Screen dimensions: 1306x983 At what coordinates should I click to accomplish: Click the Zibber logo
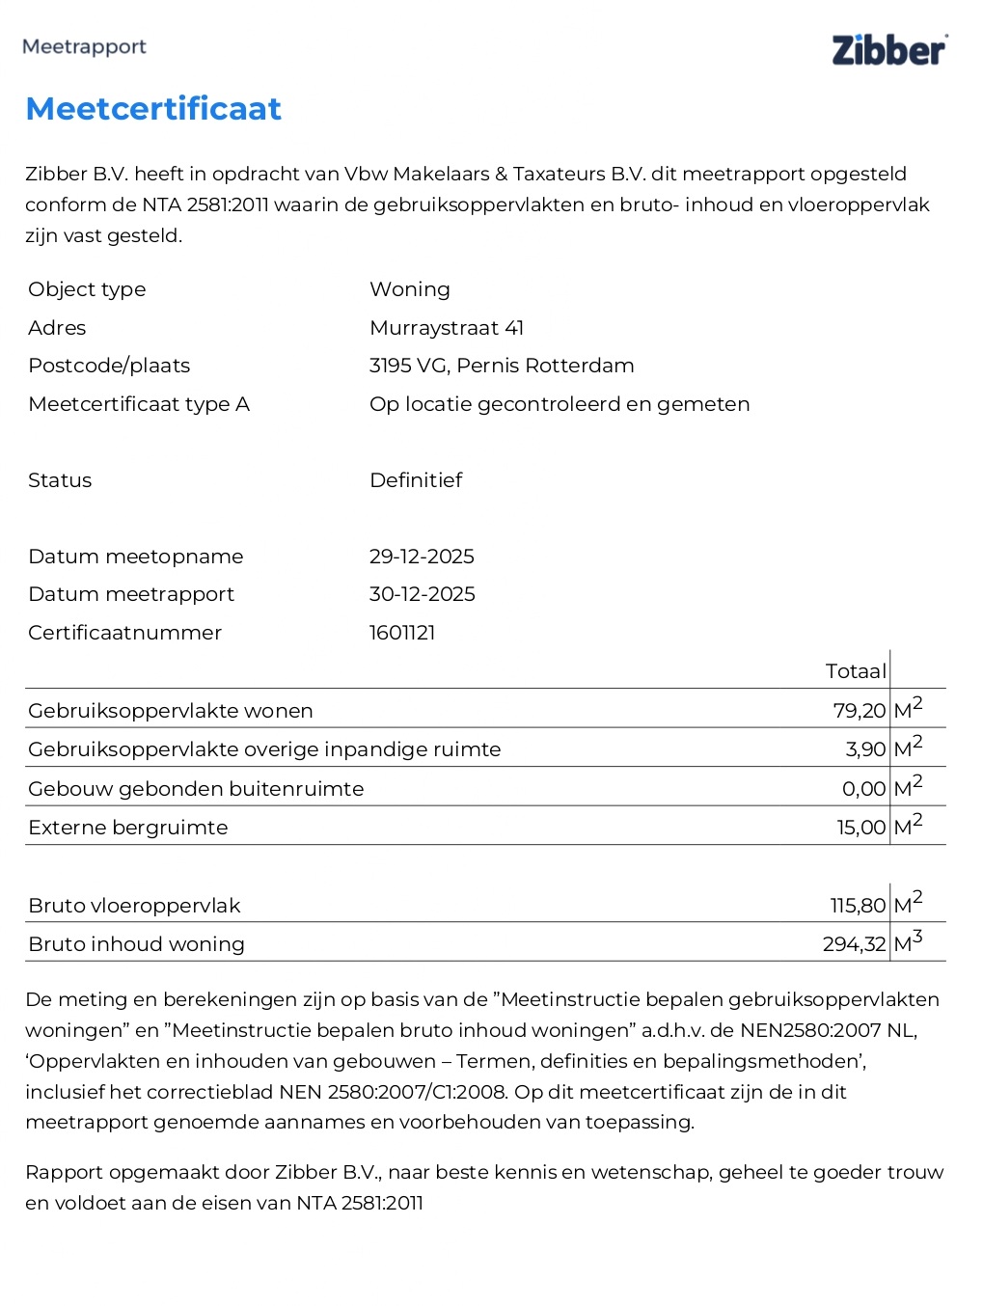point(888,50)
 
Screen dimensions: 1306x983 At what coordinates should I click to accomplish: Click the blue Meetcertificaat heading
point(153,109)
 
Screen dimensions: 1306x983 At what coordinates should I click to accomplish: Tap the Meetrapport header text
point(84,46)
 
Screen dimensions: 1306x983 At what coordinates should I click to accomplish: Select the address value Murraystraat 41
point(447,328)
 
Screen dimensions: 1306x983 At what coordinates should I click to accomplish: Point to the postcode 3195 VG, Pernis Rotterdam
point(502,366)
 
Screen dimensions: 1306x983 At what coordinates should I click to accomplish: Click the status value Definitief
point(416,480)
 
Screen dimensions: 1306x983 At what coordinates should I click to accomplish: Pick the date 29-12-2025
point(422,557)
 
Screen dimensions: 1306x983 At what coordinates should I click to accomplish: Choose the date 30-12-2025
point(422,594)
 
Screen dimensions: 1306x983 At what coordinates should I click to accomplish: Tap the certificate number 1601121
point(402,633)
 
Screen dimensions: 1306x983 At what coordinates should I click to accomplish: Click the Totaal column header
point(855,671)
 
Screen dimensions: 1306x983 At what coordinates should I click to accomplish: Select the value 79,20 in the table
point(859,711)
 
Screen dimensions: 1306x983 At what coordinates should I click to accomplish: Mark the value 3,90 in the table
point(865,749)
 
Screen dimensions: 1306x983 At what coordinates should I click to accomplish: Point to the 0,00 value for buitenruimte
point(863,789)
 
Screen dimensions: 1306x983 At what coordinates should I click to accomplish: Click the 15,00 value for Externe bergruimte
point(860,828)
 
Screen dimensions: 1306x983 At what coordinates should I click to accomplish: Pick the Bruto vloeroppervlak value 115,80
point(858,906)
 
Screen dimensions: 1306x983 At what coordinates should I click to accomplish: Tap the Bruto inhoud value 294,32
point(854,944)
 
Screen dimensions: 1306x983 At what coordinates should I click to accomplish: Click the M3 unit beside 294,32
point(908,942)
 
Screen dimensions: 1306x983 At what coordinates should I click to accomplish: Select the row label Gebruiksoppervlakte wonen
point(171,711)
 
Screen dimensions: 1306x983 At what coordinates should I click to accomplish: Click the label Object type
point(87,289)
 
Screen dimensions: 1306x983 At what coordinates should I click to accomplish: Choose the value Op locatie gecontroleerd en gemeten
point(560,404)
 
